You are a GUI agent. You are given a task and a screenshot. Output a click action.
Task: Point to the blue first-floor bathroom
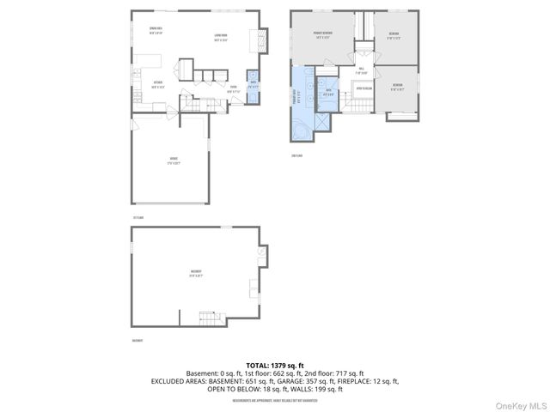252,87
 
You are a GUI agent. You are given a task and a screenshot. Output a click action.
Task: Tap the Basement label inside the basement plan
197,274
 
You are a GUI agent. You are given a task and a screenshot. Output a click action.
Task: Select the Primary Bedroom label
323,35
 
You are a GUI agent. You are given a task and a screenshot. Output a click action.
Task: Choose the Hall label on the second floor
362,70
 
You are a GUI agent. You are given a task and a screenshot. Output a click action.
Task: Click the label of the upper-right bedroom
394,35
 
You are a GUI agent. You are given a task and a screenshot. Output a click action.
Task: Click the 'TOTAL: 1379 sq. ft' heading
275,365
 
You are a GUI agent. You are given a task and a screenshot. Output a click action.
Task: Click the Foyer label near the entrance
232,88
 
